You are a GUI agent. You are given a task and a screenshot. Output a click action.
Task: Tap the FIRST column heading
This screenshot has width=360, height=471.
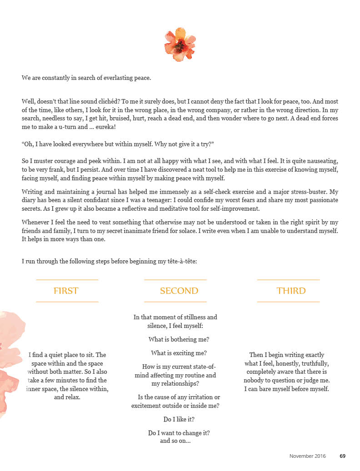coord(66,291)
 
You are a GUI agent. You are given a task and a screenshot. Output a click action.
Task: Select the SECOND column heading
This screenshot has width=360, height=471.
coord(179,291)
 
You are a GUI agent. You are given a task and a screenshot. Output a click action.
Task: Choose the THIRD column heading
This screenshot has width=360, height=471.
coord(291,291)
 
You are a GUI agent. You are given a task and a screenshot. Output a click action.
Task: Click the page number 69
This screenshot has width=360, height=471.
coord(343,456)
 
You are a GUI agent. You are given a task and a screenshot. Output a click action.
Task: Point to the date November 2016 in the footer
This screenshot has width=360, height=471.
coord(307,456)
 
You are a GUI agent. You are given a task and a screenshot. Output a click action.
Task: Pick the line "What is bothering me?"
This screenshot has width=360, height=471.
coord(179,339)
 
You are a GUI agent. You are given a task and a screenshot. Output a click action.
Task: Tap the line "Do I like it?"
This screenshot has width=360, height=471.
coord(179,419)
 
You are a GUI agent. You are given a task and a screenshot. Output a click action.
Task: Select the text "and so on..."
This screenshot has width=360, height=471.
coord(175,441)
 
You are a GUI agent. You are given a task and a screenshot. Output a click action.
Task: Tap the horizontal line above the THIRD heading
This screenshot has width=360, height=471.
coord(288,280)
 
